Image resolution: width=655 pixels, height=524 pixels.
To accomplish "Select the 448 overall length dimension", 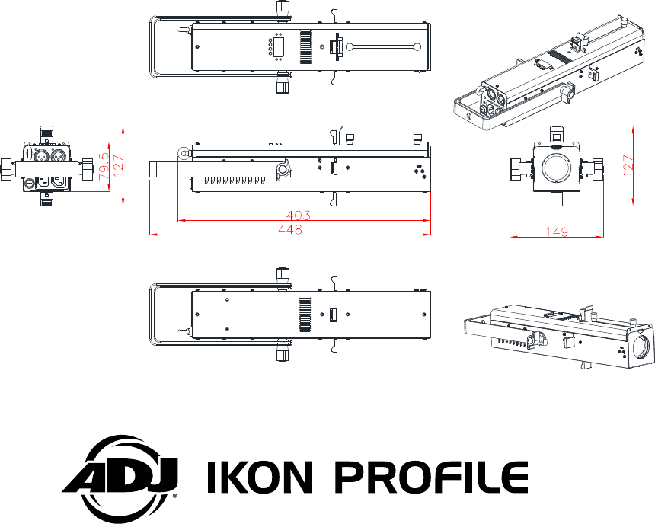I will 289,230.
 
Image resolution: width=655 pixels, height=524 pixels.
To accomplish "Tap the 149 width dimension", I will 556,233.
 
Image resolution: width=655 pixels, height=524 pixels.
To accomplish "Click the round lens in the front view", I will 557,166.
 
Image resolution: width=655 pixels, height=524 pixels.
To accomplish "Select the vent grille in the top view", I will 306,47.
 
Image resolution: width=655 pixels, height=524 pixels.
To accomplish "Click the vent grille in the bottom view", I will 306,314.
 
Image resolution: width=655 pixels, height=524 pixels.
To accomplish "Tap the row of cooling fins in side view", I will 228,184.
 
